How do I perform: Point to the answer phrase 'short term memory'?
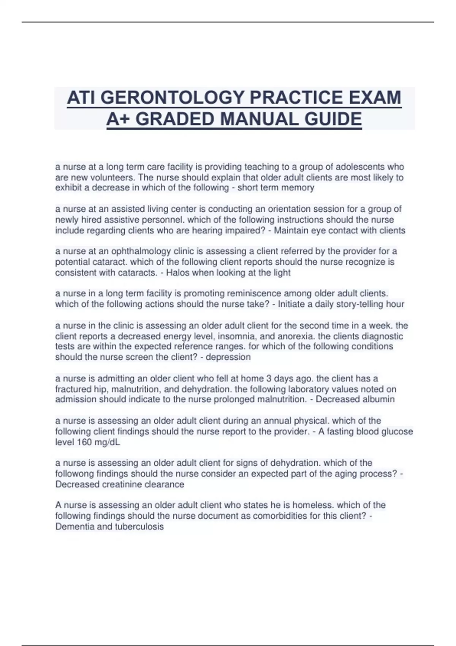[276, 188]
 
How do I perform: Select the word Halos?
[178, 272]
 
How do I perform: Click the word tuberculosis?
[139, 527]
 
